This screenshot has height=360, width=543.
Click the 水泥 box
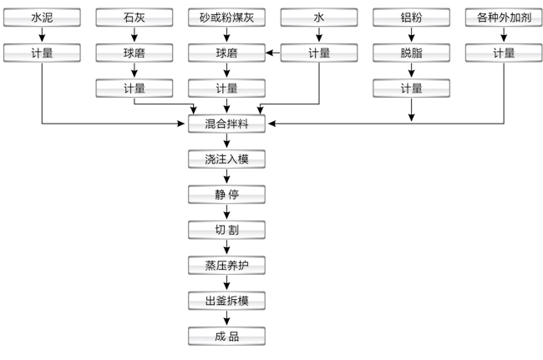tap(41, 16)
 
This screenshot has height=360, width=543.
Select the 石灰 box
tap(134, 16)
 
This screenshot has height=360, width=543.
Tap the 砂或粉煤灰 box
tap(226, 16)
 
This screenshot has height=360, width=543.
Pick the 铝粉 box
tap(411, 16)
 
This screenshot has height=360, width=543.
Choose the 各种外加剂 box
tap(503, 16)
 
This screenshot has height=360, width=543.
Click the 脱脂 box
tap(411, 53)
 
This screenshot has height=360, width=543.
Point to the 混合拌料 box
tap(226, 124)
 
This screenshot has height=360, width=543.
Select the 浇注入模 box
tap(226, 159)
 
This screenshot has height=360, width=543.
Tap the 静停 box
tap(226, 195)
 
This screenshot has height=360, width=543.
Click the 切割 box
tap(226, 231)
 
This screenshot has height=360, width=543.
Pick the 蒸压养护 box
tap(226, 266)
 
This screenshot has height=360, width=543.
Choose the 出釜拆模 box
tap(226, 301)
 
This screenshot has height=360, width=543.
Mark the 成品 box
tap(226, 337)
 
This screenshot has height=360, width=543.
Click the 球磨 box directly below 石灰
tap(134, 53)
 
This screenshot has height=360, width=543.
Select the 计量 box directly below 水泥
tap(41, 53)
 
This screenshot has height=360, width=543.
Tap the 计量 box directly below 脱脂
tap(411, 88)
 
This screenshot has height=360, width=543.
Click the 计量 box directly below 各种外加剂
tap(503, 53)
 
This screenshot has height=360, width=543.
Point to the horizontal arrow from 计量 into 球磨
tap(272, 53)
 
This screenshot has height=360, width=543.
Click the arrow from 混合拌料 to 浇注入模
tap(226, 141)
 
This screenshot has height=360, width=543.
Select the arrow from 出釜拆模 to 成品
tap(226, 319)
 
